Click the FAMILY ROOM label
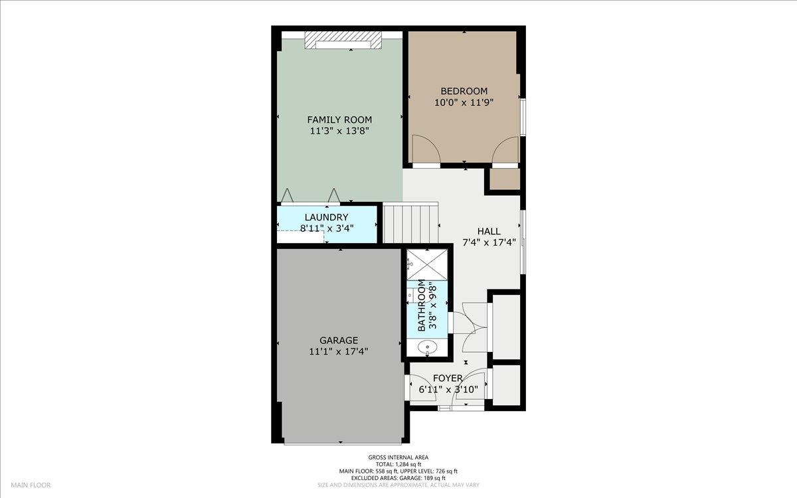[339, 120]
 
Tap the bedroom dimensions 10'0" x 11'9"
[464, 103]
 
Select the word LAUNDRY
[326, 217]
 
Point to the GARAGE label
[339, 341]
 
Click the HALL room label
[489, 232]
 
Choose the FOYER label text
[448, 378]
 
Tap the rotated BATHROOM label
[422, 305]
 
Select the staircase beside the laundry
[410, 223]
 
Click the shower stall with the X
[427, 265]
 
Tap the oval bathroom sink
[426, 347]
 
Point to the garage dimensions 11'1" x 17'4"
[338, 352]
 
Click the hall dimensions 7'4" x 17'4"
[489, 243]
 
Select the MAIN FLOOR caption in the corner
[31, 485]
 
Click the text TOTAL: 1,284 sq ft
[398, 464]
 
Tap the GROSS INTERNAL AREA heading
[398, 457]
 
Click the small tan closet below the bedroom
[505, 179]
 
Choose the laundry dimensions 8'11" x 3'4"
[327, 228]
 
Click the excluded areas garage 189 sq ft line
[398, 478]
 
